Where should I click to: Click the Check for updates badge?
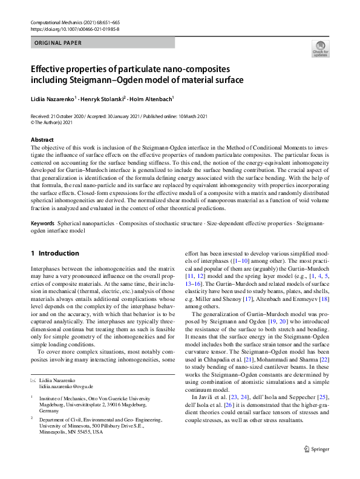(x=320, y=48)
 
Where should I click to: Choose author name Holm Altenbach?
(x=151, y=97)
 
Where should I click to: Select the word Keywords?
(x=45, y=223)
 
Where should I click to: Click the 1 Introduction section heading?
(x=55, y=253)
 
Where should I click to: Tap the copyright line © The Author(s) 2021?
(x=55, y=123)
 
